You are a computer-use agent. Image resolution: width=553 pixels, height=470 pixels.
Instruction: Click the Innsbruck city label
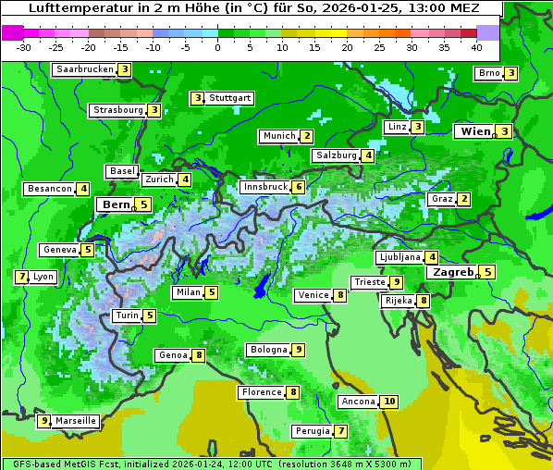[x=264, y=187]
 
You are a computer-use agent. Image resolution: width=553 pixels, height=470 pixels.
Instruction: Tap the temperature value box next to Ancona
[x=389, y=402]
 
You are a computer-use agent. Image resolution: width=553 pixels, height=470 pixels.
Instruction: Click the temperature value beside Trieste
[x=396, y=282]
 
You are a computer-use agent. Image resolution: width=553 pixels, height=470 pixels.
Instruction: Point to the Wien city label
[x=476, y=132]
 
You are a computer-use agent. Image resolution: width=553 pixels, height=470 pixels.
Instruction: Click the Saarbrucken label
[x=84, y=69]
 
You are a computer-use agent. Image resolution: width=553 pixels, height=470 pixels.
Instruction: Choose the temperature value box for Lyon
[x=21, y=277]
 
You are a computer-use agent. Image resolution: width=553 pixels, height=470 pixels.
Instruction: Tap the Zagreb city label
[x=451, y=272]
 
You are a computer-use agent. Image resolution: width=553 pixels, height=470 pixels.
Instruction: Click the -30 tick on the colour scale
[x=24, y=47]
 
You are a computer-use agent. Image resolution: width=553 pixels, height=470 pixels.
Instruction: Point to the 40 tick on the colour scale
[x=476, y=47]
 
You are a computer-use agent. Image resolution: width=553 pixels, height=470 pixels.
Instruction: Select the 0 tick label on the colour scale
[x=218, y=47]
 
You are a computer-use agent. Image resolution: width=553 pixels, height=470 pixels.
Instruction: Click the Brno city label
[x=488, y=73]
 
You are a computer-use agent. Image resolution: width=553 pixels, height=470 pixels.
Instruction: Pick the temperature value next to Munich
[x=306, y=136]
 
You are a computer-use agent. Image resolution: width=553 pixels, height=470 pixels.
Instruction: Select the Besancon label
[x=49, y=189]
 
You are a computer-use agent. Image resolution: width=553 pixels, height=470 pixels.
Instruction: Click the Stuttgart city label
[x=229, y=98]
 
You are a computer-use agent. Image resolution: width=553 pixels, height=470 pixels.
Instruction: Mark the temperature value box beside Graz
[x=464, y=199]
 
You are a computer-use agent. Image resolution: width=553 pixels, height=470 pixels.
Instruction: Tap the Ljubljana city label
[x=399, y=257]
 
